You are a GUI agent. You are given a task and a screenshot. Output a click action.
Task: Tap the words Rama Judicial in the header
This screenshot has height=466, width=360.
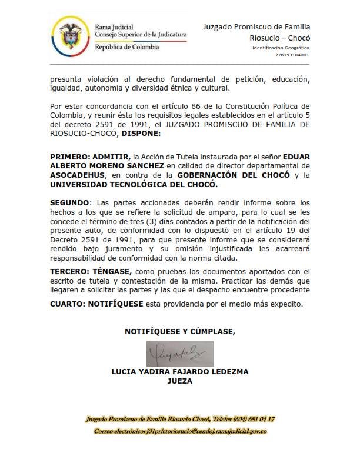(114, 27)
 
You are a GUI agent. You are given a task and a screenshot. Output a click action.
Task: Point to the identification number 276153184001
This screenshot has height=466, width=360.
(292, 55)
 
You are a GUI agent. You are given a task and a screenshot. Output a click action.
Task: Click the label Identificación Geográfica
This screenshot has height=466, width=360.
(281, 48)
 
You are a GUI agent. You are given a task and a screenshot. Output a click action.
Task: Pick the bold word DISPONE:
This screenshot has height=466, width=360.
(141, 133)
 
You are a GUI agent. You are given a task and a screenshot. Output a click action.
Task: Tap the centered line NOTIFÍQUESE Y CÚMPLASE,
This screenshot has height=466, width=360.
(179, 331)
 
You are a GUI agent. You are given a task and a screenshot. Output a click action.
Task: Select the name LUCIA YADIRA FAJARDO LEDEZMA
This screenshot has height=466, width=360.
(179, 372)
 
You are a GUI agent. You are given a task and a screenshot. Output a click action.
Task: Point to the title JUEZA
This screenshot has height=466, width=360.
(179, 381)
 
